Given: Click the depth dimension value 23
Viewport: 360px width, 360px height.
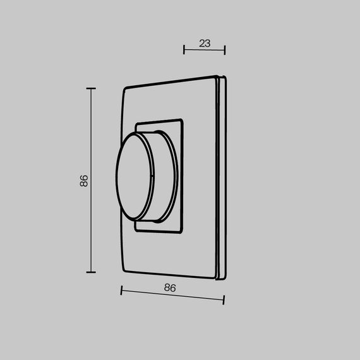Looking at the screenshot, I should pos(204,44).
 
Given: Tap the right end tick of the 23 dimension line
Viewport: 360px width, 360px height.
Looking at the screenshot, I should pos(225,50).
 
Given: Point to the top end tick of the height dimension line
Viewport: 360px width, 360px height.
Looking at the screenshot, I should pos(91,88).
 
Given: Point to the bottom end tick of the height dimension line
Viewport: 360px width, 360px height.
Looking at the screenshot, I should pos(91,272).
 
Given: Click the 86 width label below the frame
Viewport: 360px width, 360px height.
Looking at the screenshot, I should pos(169,287).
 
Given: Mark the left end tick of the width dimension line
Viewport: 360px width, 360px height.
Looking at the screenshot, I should pos(121,291).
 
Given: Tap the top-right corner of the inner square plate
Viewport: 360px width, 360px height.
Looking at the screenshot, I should pos(183,118).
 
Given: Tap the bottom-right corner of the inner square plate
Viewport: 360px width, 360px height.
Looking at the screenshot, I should pos(183,232).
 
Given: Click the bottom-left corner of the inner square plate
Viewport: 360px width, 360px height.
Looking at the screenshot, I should pos(136,228).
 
